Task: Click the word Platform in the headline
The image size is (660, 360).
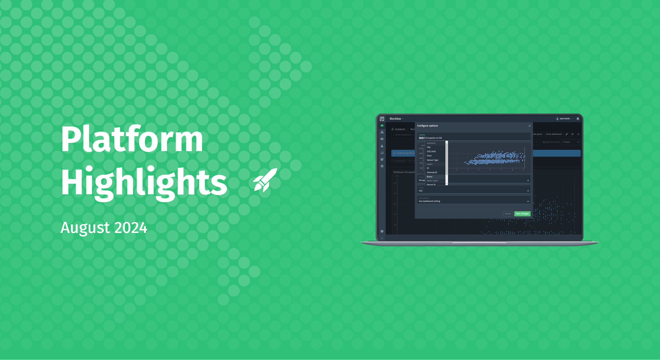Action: click(131, 139)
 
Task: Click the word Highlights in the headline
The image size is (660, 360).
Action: click(143, 183)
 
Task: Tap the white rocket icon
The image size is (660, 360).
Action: click(265, 180)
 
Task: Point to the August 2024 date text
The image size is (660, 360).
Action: click(104, 228)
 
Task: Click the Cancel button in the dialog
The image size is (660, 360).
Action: click(508, 214)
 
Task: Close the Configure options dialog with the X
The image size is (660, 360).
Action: click(530, 126)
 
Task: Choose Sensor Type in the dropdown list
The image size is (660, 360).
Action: click(432, 160)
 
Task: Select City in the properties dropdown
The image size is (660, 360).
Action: click(429, 147)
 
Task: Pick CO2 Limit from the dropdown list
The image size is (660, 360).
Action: click(431, 151)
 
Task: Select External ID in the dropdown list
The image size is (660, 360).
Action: click(432, 173)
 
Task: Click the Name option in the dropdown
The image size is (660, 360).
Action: click(429, 177)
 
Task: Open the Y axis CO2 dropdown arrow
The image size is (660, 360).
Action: click(528, 191)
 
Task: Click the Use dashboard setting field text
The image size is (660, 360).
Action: click(429, 201)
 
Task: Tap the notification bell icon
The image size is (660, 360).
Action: click(578, 118)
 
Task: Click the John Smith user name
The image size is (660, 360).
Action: click(564, 118)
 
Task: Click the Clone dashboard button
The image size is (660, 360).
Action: click(553, 134)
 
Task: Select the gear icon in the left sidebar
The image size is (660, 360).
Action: click(382, 166)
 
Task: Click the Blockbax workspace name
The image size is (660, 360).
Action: click(395, 118)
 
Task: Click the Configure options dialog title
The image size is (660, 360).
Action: click(427, 126)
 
